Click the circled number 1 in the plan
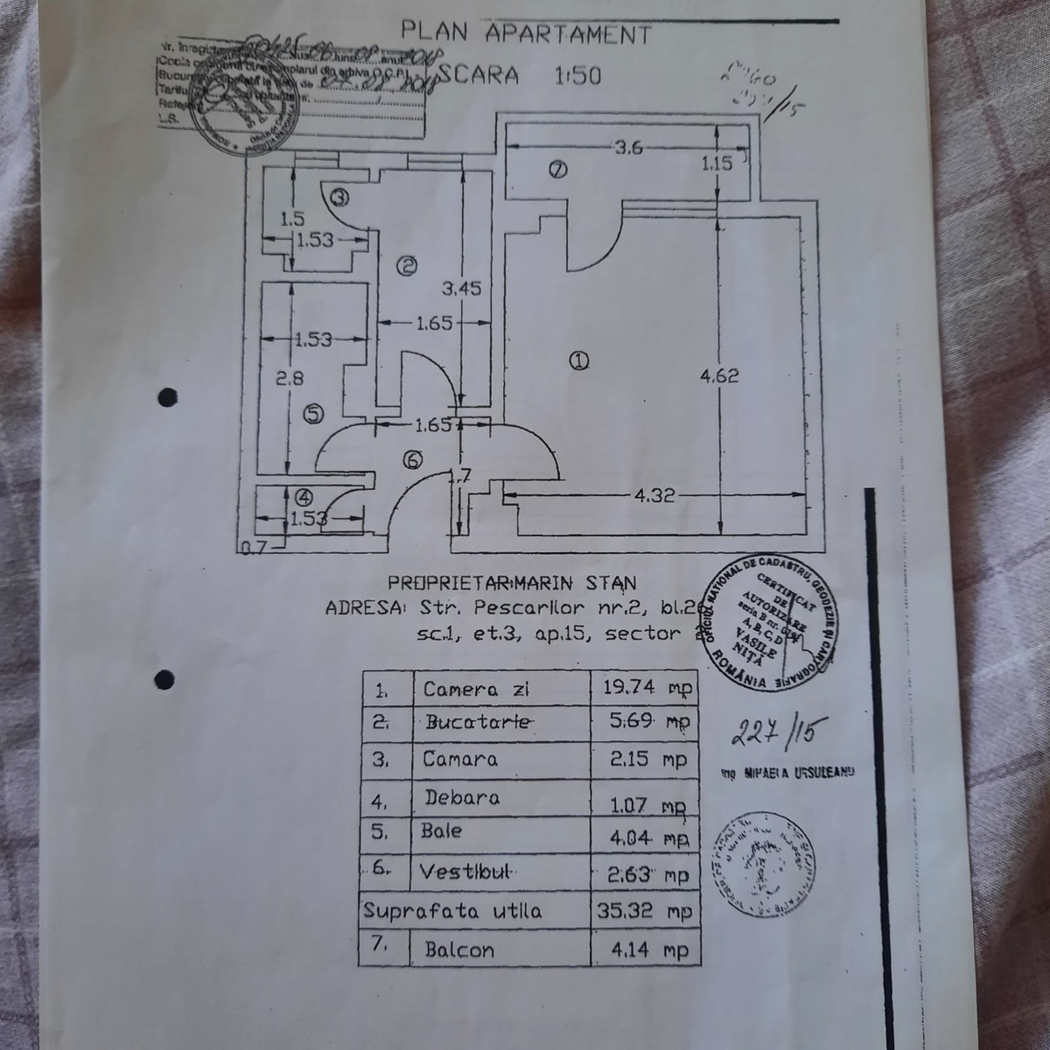click(x=579, y=360)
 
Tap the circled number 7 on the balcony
click(x=557, y=170)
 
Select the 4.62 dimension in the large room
click(x=719, y=375)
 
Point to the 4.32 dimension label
click(x=654, y=495)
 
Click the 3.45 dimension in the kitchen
click(x=461, y=288)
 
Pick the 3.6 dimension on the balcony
click(x=628, y=148)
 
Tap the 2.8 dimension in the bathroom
click(x=289, y=379)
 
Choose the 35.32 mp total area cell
click(x=644, y=911)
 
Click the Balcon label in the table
click(x=458, y=949)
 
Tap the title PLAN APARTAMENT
click(x=526, y=33)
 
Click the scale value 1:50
click(x=578, y=75)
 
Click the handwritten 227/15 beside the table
click(x=773, y=731)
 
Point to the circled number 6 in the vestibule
click(x=414, y=459)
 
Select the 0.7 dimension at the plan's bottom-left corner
click(x=253, y=549)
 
